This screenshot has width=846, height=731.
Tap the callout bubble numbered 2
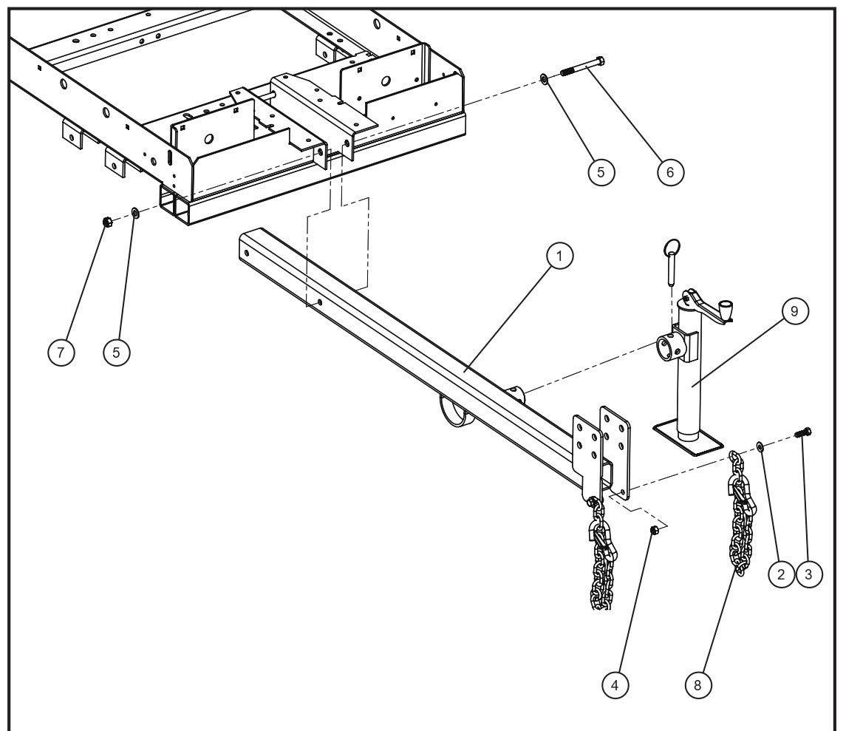coord(782,574)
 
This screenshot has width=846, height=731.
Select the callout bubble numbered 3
coord(810,574)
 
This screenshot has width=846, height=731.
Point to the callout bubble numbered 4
coord(615,685)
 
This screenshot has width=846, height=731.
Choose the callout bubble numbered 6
coord(670,171)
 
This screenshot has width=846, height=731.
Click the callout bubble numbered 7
coord(61,352)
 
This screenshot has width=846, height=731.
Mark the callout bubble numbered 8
coord(697,685)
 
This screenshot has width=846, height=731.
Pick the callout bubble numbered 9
coord(794,311)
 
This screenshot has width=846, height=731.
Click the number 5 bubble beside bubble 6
coord(601,171)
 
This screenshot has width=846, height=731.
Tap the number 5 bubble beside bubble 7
coord(116,352)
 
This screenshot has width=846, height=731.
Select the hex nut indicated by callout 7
coord(107,221)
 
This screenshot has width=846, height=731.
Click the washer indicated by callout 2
coord(760,445)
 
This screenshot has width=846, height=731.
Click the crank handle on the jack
coord(709,307)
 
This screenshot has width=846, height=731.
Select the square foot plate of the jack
coord(687,439)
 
